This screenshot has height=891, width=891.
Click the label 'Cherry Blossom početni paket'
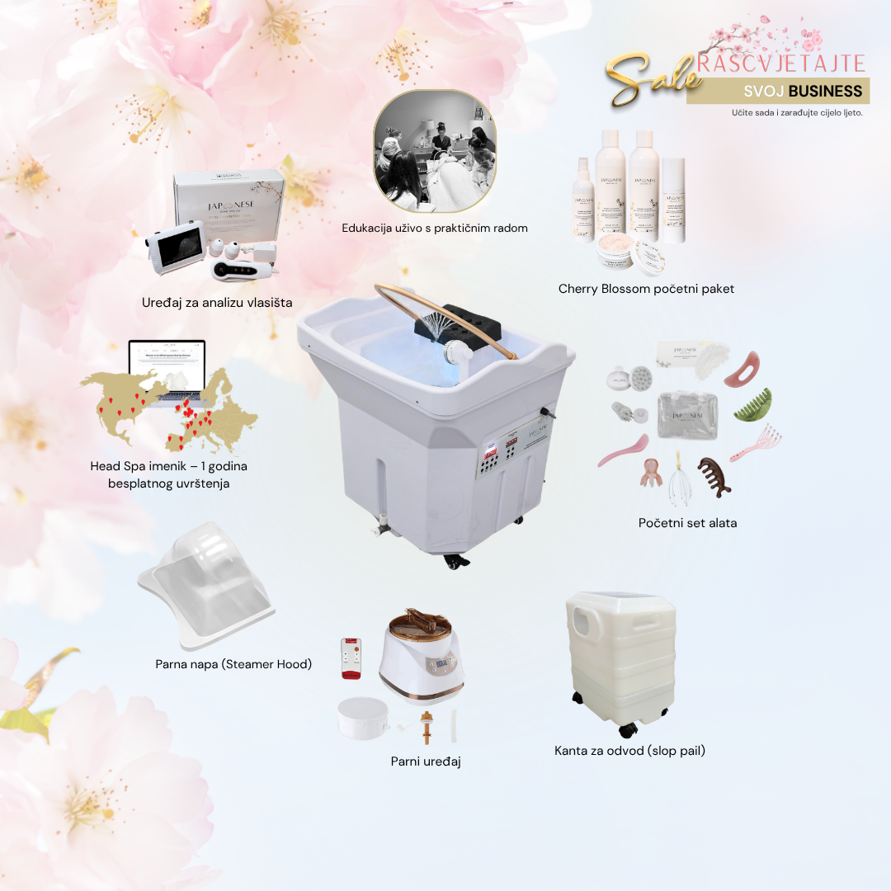(646, 289)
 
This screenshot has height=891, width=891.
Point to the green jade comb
(754, 403)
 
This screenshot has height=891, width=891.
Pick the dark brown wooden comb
(714, 476)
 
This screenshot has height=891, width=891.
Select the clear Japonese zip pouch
(687, 413)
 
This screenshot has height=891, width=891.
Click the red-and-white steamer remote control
(351, 658)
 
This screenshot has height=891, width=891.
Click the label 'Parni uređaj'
(426, 761)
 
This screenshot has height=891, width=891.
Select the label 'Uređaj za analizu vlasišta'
(217, 302)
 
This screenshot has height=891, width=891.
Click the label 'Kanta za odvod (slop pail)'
(629, 751)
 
